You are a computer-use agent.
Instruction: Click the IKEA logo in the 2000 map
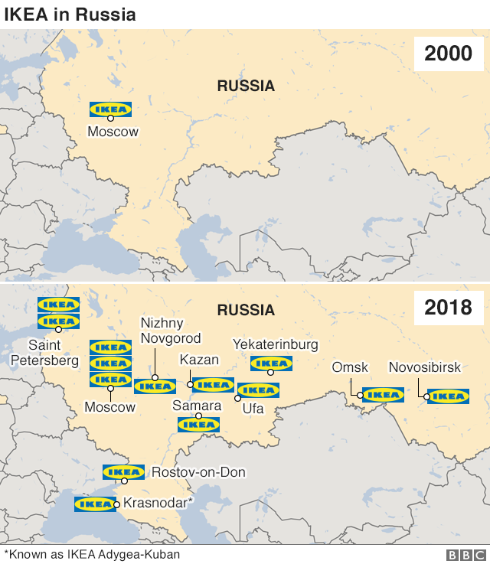110,109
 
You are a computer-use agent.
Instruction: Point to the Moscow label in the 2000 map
113,132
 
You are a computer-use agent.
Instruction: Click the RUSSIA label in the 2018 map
246,310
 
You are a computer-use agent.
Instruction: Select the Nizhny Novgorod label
171,331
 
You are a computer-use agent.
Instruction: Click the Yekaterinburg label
276,344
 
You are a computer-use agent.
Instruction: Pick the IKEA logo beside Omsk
383,395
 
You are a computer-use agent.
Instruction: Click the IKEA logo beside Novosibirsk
448,396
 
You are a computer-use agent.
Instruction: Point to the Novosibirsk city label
425,368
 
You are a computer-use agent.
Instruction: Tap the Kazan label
199,360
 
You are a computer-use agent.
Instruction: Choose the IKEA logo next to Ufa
259,390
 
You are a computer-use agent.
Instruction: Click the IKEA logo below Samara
198,424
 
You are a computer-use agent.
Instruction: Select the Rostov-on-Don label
199,472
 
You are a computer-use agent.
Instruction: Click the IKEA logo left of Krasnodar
95,504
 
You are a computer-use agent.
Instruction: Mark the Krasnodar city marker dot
116,504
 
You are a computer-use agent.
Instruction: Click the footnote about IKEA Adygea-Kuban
93,554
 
